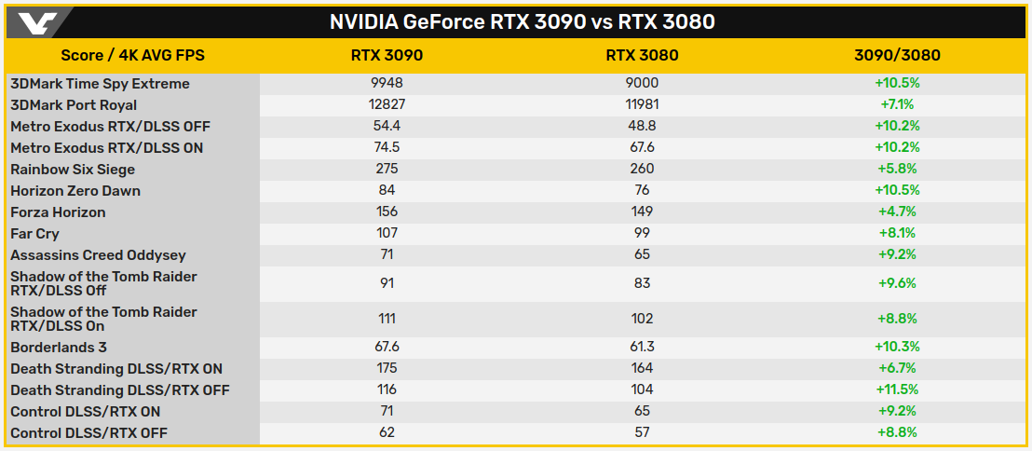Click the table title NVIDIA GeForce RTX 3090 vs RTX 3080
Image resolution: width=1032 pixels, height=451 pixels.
tap(522, 21)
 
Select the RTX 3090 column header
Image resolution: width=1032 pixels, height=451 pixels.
tap(387, 55)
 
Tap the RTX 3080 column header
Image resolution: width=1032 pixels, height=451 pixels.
tap(642, 55)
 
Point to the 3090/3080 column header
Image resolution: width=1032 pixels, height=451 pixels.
tap(897, 55)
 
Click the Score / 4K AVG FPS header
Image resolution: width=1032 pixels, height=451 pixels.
tap(132, 55)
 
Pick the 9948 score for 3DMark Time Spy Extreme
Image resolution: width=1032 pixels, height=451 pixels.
tap(387, 84)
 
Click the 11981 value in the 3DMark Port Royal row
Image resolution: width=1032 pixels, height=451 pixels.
tap(642, 105)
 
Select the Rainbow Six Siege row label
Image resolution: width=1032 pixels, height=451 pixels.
tap(73, 170)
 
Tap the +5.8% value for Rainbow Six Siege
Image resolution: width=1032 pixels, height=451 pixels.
tap(897, 170)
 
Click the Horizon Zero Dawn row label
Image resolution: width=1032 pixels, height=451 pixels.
tap(75, 191)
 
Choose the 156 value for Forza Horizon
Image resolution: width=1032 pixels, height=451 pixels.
tap(387, 212)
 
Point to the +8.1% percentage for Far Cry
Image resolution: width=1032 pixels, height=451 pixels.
tap(897, 234)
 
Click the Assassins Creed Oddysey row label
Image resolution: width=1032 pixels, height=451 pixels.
tap(98, 255)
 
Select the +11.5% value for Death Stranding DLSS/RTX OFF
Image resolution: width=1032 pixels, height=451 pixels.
tap(897, 390)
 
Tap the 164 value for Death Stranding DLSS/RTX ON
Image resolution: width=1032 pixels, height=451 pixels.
tap(642, 369)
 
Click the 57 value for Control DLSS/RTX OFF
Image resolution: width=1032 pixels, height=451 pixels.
tap(642, 433)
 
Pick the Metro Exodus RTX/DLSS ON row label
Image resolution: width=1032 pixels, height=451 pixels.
tap(106, 148)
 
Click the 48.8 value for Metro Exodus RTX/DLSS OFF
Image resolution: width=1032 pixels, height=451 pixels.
tap(642, 127)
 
